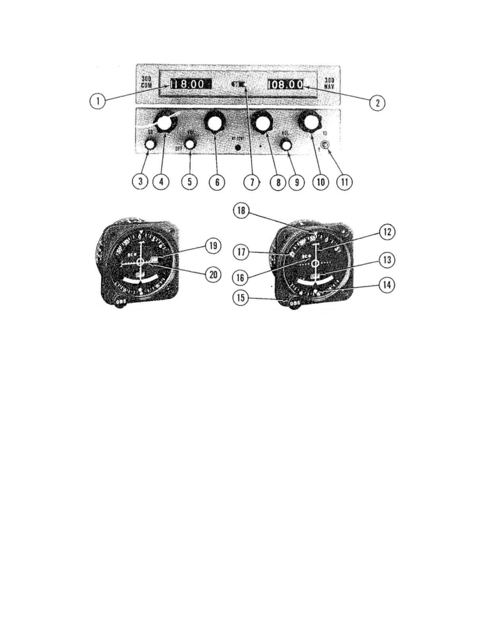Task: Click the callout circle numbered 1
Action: tap(97, 101)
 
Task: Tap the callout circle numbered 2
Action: tap(377, 103)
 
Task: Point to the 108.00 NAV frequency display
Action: tap(285, 84)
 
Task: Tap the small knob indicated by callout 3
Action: tap(150, 144)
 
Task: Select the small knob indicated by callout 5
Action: tap(191, 144)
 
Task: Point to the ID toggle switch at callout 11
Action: tap(325, 145)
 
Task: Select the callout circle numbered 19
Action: tap(213, 246)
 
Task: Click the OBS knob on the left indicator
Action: tap(121, 302)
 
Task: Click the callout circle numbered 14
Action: tap(387, 285)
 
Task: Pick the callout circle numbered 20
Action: tap(213, 274)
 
